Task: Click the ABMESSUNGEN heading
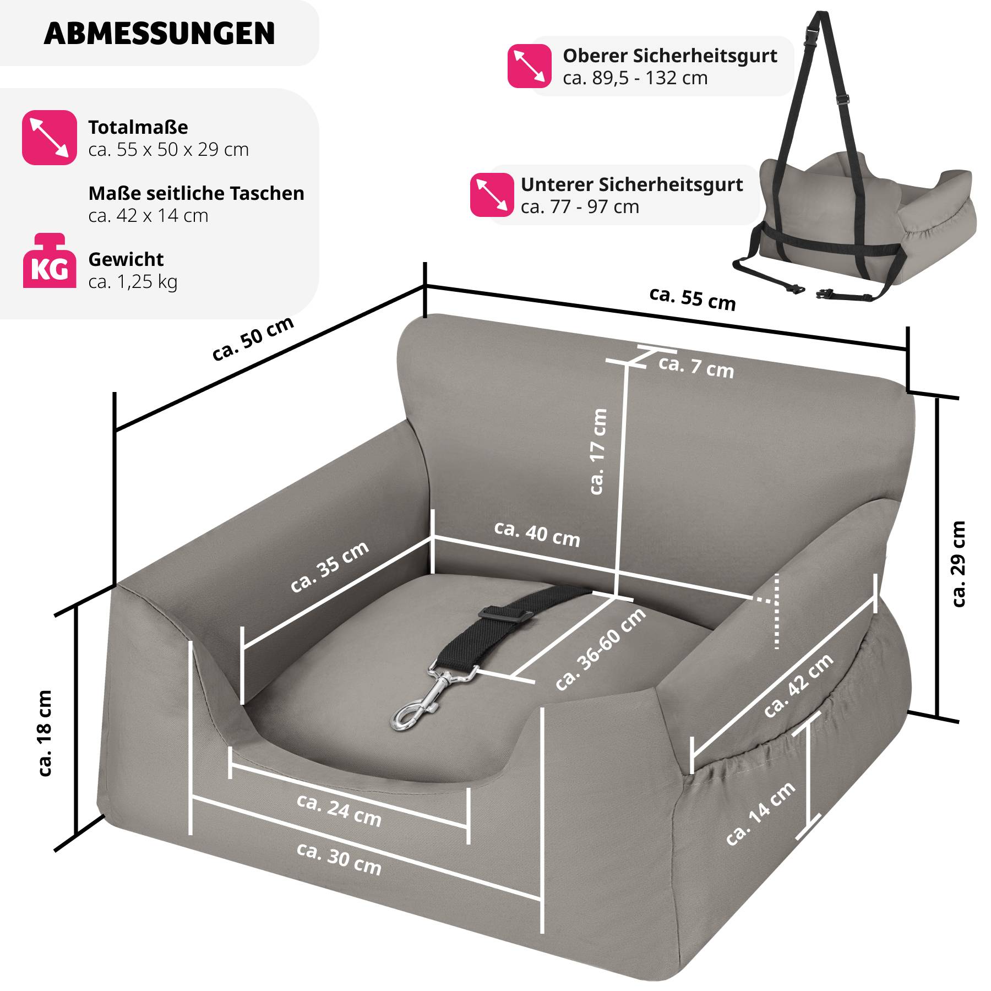159,34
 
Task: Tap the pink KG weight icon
50,261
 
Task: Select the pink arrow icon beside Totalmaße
50,138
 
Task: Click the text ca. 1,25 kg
133,282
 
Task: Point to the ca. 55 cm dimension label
693,299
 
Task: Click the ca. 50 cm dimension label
253,339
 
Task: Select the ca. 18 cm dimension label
45,733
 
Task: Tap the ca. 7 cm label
696,367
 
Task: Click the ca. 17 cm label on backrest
598,451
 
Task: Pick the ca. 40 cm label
537,534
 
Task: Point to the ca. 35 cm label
329,567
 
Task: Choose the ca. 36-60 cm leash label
600,650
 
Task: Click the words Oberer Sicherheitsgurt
669,56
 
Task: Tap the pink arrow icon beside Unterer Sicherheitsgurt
492,195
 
